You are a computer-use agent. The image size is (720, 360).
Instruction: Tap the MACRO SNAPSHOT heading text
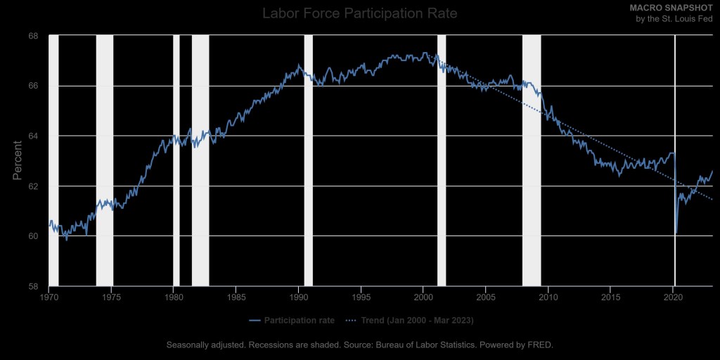pyautogui.click(x=676, y=7)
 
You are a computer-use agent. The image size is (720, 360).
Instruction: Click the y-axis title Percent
pyautogui.click(x=18, y=160)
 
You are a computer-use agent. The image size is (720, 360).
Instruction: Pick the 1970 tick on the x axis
pyautogui.click(x=49, y=297)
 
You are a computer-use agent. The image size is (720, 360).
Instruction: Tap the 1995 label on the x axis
pyautogui.click(x=361, y=297)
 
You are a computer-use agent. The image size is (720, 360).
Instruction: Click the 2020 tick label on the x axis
pyautogui.click(x=673, y=297)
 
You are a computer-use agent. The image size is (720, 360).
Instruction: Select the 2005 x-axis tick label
pyautogui.click(x=486, y=297)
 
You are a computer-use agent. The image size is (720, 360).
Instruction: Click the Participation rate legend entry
pyautogui.click(x=291, y=321)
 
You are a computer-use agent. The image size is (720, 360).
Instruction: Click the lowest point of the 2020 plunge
pyautogui.click(x=676, y=233)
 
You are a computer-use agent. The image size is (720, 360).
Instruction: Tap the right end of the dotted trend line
pyautogui.click(x=712, y=200)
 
